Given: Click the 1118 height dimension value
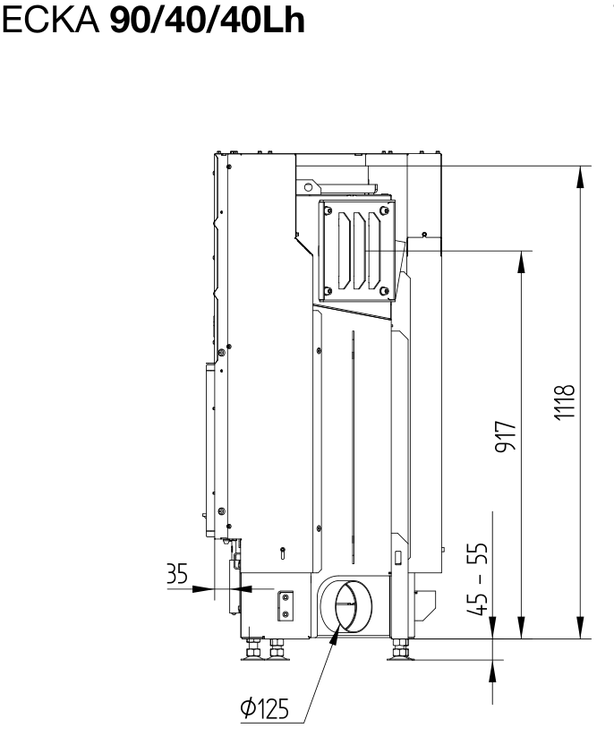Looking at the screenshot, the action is pos(564,402).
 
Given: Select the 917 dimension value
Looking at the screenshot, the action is pos(506,437).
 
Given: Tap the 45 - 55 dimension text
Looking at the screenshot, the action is pos(478,579).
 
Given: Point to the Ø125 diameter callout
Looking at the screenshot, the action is pos(264,709).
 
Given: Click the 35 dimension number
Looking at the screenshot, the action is pos(177,573).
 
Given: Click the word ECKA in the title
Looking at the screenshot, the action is pos(51,21).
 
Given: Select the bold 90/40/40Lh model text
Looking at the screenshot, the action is pos(207,21).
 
